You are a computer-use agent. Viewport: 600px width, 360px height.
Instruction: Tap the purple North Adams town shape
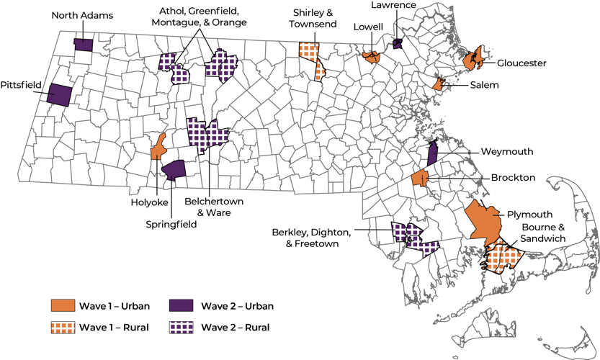coord(84,45)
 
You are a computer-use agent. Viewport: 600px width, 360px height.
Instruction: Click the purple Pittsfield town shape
coord(59,94)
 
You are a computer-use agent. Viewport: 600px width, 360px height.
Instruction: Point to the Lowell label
coord(368,27)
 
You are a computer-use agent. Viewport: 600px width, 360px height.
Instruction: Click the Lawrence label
coord(393,5)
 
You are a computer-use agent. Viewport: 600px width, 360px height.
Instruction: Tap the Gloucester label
coord(521,63)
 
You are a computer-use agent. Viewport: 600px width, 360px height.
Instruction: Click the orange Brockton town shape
coord(420,178)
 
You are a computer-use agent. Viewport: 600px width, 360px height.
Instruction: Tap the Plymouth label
coord(529,214)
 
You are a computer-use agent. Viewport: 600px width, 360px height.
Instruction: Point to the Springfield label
coord(170,224)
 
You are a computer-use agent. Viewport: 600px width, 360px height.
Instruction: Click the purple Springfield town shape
coord(174,170)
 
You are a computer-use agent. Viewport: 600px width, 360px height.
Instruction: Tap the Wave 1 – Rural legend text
coord(113,328)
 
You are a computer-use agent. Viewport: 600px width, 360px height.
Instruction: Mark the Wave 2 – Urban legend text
coord(237,306)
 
